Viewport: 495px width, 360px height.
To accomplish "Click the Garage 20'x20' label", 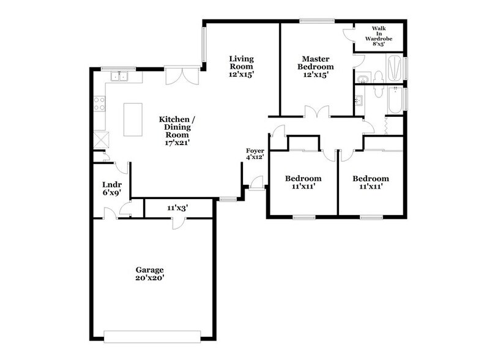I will click(x=150, y=273).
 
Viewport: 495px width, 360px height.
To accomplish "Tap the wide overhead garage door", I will click(x=152, y=336).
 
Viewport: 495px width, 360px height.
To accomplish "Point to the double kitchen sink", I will click(x=118, y=77).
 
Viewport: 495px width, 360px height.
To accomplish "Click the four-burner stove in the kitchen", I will click(x=98, y=103).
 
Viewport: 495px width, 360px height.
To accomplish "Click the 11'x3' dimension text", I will click(x=177, y=208).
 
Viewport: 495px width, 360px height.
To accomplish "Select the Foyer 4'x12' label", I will click(x=255, y=154).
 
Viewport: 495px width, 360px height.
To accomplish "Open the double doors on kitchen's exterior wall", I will click(x=181, y=77).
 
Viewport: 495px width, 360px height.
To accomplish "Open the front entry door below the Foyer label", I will click(x=257, y=182).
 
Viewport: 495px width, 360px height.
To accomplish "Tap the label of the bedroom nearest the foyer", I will click(x=303, y=182).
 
